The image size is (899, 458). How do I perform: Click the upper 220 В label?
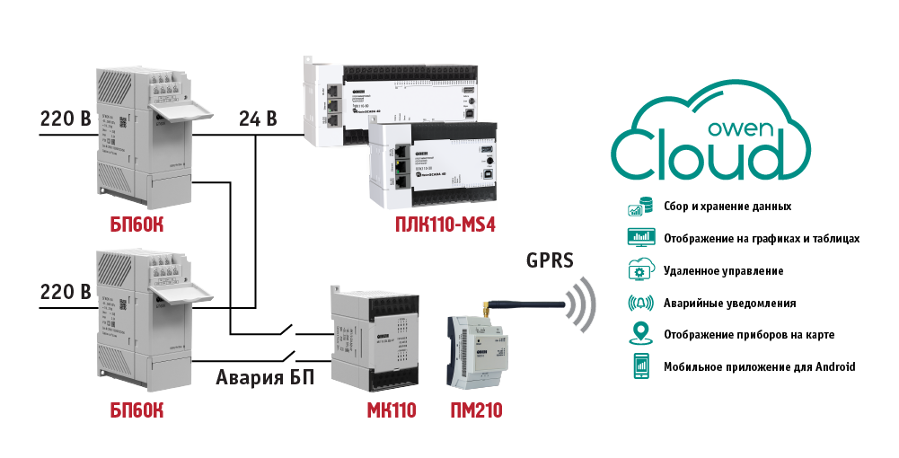[66, 118]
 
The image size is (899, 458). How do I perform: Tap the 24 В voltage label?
[257, 118]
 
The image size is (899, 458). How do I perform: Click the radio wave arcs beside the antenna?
[583, 304]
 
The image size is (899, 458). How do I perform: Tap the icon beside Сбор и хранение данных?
[639, 207]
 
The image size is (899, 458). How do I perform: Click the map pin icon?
[639, 334]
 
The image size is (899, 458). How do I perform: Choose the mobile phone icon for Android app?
[639, 366]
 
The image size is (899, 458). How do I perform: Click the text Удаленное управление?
[723, 270]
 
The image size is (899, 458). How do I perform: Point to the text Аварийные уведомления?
[729, 303]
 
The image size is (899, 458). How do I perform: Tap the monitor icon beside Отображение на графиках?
[639, 238]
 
